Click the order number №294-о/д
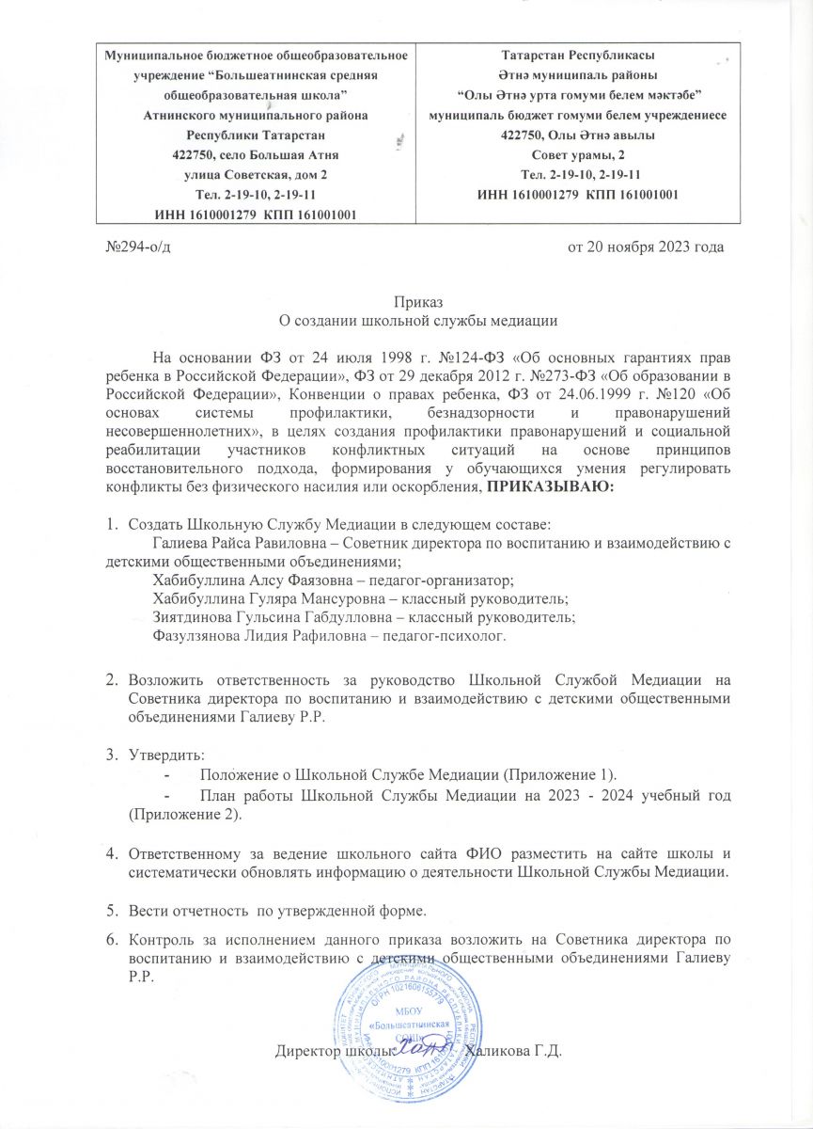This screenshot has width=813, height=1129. coord(136,247)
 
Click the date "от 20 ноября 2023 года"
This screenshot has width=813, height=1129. coord(646,247)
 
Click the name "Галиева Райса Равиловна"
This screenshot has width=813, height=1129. coord(227,544)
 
